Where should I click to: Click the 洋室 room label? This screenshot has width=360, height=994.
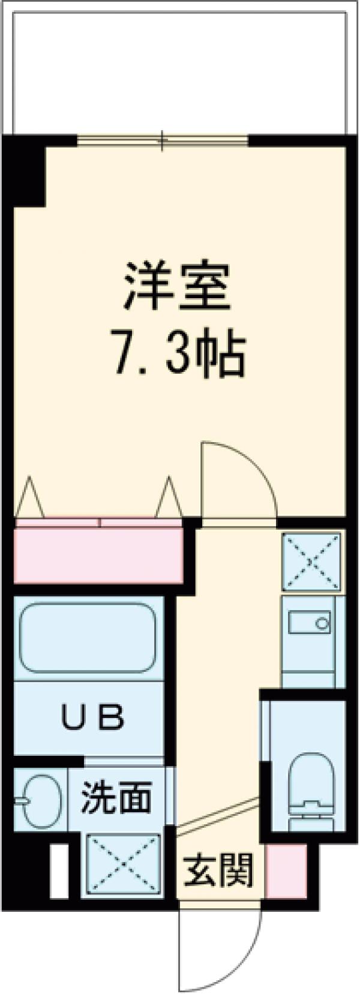coord(178,288)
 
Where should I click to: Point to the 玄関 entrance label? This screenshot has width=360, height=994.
coord(218,870)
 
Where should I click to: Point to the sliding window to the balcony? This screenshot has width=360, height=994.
coord(162,141)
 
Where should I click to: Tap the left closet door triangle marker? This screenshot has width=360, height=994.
coord(29,498)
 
